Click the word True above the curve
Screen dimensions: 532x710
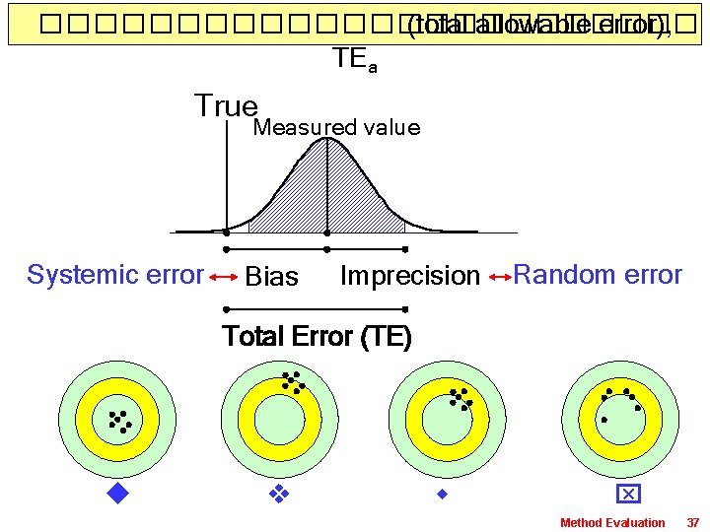tap(226, 106)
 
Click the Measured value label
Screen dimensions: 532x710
tap(336, 128)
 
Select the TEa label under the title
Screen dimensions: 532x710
tap(354, 60)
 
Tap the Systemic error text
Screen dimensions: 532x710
tap(115, 275)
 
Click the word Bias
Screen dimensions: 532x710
tap(271, 278)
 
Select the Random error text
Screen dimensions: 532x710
tap(598, 275)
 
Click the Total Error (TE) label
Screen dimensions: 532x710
tap(318, 337)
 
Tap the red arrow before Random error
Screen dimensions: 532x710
tap(499, 277)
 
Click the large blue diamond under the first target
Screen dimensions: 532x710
tap(118, 492)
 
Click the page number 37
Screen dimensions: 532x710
tap(692, 522)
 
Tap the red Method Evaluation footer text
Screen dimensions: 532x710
tap(612, 522)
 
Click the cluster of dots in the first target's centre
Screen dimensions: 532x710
tap(118, 421)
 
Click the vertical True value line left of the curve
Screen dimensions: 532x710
tap(228, 177)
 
